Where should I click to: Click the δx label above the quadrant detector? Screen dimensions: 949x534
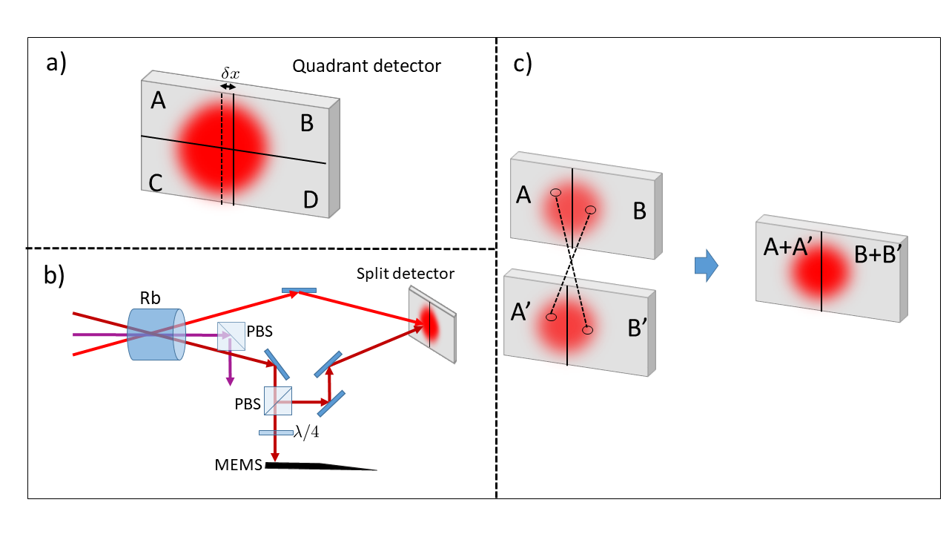click(230, 73)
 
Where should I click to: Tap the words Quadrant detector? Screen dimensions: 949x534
click(366, 66)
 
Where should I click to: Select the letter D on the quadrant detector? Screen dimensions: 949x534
click(311, 200)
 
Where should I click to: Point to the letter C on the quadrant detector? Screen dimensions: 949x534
click(156, 183)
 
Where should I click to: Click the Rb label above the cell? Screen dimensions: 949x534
click(150, 298)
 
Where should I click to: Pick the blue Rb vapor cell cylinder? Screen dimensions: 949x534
click(156, 334)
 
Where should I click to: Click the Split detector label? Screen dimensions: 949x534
click(405, 274)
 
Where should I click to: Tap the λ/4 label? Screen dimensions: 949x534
click(306, 432)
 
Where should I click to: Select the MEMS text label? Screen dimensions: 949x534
click(239, 465)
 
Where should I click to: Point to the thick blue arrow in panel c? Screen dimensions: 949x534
click(707, 266)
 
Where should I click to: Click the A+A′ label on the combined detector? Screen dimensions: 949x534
click(788, 247)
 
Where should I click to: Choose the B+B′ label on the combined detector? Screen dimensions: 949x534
click(877, 254)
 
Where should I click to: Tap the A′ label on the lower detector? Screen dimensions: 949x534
click(520, 312)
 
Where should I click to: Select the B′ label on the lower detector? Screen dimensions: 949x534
click(637, 328)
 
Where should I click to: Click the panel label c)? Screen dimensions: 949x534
click(523, 64)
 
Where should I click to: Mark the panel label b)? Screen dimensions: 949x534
click(54, 275)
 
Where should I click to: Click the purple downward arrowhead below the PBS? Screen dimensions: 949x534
click(230, 380)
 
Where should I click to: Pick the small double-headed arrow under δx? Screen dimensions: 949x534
click(228, 87)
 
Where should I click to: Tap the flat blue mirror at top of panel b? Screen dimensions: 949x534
click(299, 290)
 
